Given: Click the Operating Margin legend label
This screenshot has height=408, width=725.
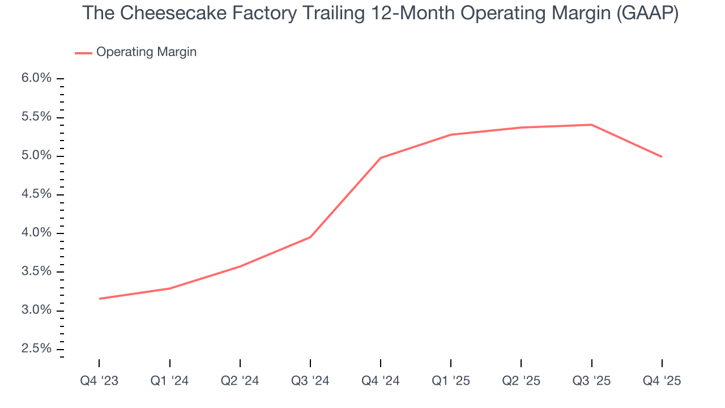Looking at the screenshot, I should (x=146, y=52).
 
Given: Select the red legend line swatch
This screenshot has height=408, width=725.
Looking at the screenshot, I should (x=83, y=53).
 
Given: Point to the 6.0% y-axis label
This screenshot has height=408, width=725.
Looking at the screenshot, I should (x=36, y=78).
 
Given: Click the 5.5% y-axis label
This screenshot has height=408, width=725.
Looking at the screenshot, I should (x=36, y=117).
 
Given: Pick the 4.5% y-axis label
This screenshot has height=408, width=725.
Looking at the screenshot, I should (x=36, y=194).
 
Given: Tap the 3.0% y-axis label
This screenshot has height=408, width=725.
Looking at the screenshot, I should (x=36, y=310).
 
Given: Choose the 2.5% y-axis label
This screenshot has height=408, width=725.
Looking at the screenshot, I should (x=36, y=348).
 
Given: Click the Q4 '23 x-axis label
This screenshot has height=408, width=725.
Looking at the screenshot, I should (x=99, y=381).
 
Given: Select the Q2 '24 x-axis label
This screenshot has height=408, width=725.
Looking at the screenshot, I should (x=240, y=381).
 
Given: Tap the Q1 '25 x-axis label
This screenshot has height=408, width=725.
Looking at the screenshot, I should (x=451, y=381).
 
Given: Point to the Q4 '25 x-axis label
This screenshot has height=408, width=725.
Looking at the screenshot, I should (x=662, y=381).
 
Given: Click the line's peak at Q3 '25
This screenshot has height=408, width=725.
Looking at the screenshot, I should (x=591, y=125).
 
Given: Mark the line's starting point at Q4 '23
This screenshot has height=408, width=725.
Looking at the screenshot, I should (x=100, y=299).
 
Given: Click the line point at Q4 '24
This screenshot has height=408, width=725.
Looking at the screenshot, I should (x=381, y=158).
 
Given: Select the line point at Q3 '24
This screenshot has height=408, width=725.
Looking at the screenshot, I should (x=310, y=237).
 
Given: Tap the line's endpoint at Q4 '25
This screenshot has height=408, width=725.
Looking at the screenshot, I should (x=662, y=156).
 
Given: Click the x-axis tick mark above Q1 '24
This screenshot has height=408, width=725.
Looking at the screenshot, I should (x=170, y=363).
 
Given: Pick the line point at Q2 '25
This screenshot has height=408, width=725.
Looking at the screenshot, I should (x=521, y=127).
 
